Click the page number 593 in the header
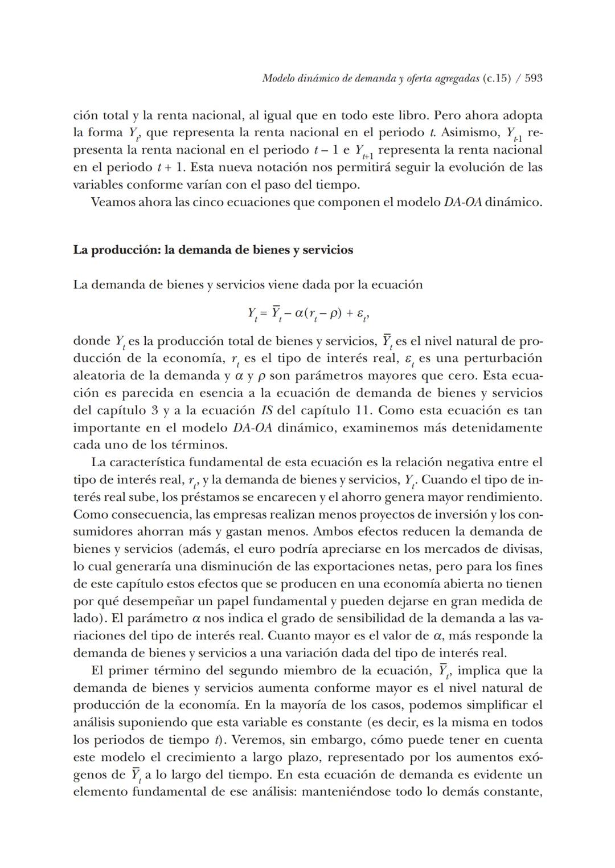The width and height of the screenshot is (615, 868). pos(533,78)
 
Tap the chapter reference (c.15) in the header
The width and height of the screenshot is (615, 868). pos(496,78)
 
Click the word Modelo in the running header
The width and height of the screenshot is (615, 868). pos(278,78)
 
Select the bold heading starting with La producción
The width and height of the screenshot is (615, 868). pos(213,250)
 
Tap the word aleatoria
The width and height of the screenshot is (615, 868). pos(97,376)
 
